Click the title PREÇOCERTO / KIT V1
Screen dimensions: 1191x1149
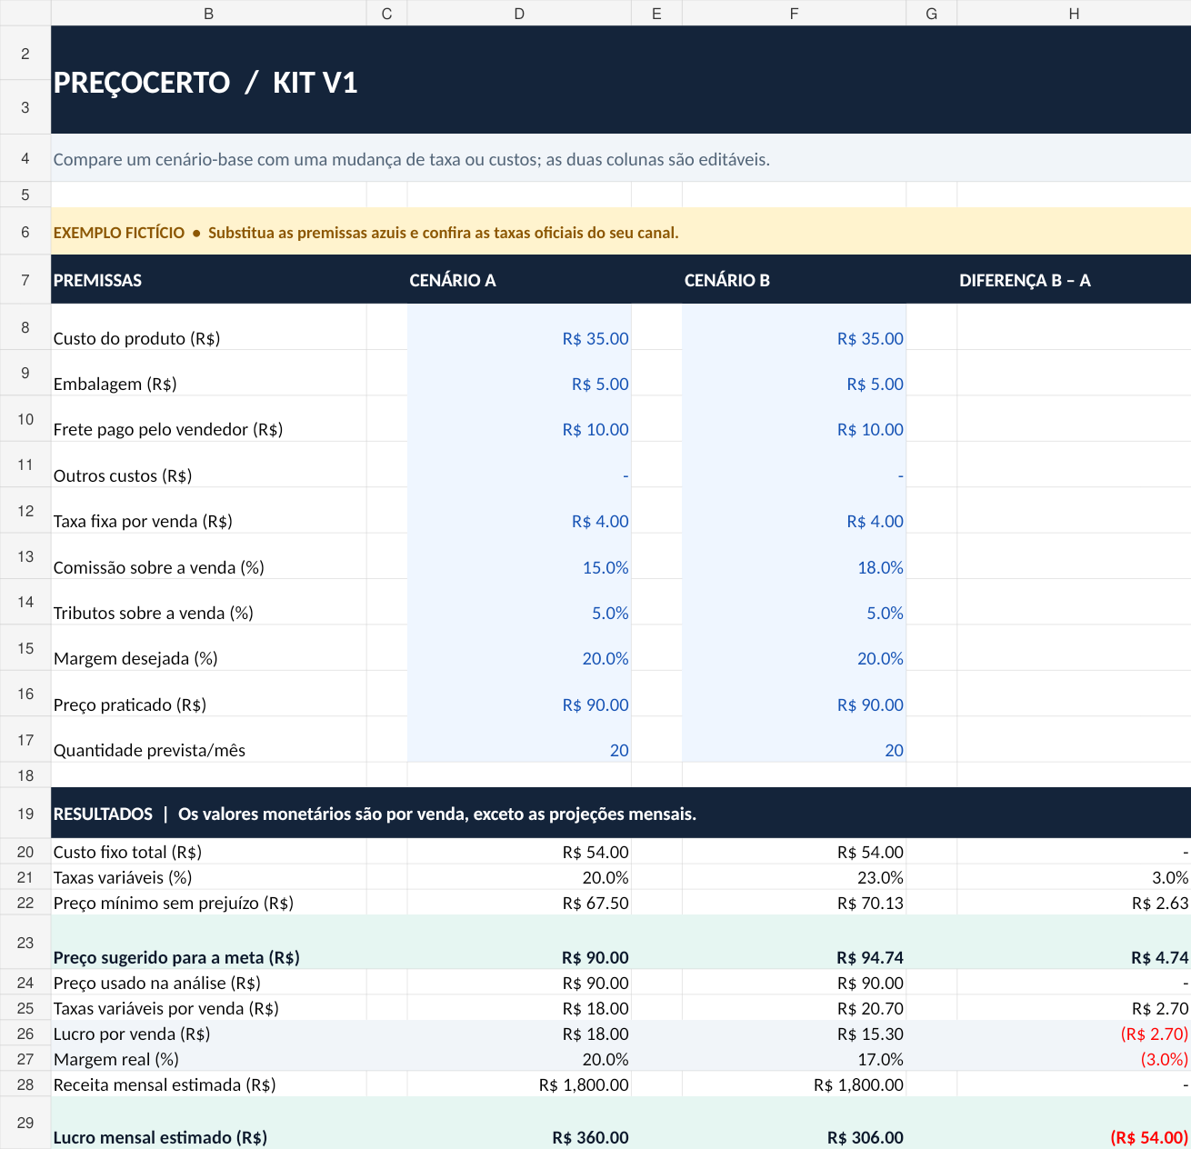(x=205, y=83)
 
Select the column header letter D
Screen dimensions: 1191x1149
(x=519, y=14)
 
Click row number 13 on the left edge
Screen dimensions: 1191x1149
(x=25, y=556)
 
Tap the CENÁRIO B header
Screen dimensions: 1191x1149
(x=726, y=280)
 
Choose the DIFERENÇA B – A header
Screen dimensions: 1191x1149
(x=1025, y=280)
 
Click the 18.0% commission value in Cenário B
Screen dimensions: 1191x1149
(x=880, y=567)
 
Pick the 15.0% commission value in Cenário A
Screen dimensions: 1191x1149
(x=606, y=567)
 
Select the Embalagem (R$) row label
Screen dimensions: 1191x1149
(x=115, y=385)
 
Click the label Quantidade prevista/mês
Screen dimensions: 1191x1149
(x=149, y=750)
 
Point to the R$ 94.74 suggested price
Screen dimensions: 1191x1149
(x=870, y=957)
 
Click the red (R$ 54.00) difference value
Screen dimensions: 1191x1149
(x=1149, y=1137)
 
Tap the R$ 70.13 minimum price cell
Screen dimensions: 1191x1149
(x=870, y=903)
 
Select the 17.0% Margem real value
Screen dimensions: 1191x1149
(x=880, y=1059)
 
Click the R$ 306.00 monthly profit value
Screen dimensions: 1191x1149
(x=865, y=1137)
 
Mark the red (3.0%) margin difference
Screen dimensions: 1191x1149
(x=1164, y=1059)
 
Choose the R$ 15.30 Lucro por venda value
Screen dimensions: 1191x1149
(x=870, y=1034)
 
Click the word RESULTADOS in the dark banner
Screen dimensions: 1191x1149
(x=103, y=814)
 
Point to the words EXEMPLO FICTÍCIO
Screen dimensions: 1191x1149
(x=119, y=233)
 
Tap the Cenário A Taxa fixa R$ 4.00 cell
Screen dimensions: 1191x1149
(x=600, y=521)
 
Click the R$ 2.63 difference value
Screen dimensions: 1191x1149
(x=1160, y=903)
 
